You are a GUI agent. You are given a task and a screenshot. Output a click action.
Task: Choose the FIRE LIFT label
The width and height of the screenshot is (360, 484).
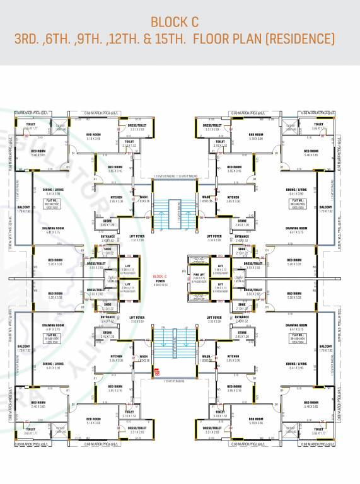[x=199, y=276]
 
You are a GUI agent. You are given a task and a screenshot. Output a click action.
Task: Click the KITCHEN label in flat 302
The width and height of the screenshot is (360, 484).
[x=117, y=199]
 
